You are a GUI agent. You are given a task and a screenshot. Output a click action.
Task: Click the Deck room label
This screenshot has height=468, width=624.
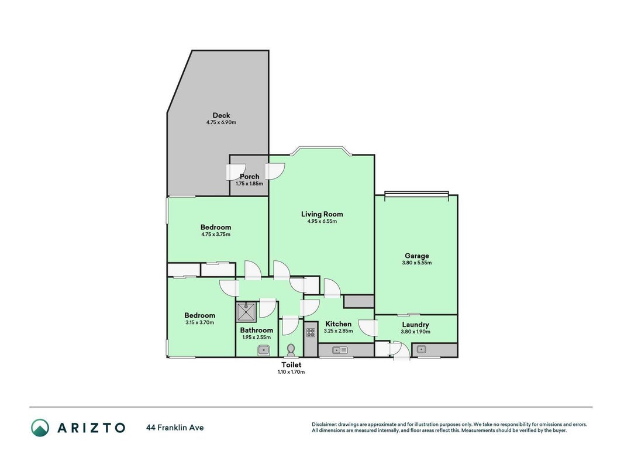click(221, 115)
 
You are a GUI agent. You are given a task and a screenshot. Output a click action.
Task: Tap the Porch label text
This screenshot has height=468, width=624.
click(250, 176)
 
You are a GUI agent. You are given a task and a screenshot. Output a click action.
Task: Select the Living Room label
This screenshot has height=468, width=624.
click(322, 214)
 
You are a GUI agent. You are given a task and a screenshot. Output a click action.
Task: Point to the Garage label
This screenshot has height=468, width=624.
click(416, 256)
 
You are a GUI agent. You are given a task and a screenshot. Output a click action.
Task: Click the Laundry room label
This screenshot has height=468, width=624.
click(415, 325)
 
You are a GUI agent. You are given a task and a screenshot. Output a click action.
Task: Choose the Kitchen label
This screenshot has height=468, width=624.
click(338, 324)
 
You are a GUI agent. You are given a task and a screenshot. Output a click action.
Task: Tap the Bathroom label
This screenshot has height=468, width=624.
click(256, 331)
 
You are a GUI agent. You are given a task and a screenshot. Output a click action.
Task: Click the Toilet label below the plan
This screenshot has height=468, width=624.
click(291, 365)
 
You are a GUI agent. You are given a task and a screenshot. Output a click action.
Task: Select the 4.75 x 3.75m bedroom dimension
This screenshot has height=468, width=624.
click(216, 235)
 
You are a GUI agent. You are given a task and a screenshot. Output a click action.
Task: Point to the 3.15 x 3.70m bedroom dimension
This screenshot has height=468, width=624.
click(200, 322)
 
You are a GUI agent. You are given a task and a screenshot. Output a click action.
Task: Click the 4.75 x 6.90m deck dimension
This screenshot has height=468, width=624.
click(221, 123)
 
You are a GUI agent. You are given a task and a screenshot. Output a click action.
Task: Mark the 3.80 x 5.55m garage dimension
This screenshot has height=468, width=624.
click(416, 263)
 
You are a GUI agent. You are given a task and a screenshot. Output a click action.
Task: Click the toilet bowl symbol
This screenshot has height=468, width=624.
click(291, 350)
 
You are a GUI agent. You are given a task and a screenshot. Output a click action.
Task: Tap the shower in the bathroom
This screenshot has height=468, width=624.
click(246, 312)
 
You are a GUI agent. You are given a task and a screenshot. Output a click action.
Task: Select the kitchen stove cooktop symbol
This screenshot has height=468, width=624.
click(311, 333)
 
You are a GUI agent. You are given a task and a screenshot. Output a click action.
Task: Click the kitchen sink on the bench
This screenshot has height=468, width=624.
click(340, 350)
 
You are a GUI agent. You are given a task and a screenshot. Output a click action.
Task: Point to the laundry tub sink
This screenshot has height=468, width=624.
click(422, 350)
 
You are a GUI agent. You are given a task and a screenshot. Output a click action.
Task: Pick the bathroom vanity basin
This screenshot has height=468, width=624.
click(263, 350)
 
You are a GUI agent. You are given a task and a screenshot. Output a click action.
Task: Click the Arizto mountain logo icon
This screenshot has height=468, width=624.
click(40, 428)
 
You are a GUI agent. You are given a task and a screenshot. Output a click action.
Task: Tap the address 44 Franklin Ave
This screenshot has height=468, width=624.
click(175, 428)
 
